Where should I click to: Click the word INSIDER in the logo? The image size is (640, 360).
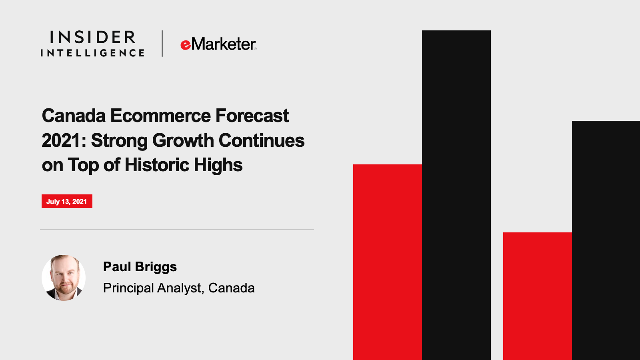(92, 37)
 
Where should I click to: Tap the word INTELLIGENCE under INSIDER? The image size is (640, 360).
(92, 53)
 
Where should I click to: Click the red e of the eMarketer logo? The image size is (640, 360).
(186, 45)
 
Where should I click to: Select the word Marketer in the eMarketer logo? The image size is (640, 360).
(224, 44)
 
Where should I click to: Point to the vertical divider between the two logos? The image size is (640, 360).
(162, 44)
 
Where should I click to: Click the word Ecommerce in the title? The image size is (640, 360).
(160, 116)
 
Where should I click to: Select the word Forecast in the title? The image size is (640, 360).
(252, 116)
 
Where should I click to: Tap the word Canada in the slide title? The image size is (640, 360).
(74, 116)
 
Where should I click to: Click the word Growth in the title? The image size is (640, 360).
(183, 141)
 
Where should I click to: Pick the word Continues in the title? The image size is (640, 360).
(262, 140)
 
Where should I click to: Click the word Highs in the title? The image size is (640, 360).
(218, 166)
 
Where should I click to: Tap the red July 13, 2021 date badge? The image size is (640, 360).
(67, 201)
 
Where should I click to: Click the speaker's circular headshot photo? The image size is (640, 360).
(64, 278)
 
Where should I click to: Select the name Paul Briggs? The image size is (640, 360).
(140, 267)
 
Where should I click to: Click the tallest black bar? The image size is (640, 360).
(456, 195)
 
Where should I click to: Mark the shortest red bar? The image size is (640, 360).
(538, 296)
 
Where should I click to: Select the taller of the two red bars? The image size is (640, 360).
(388, 262)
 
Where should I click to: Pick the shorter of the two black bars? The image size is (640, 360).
(606, 240)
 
